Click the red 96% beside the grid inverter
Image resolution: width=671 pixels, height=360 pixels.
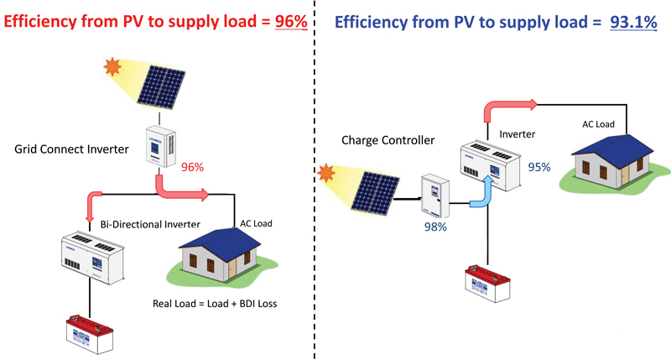[192, 167]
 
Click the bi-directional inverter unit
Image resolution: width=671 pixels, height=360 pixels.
[91, 257]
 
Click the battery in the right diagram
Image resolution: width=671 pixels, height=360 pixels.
[490, 284]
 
